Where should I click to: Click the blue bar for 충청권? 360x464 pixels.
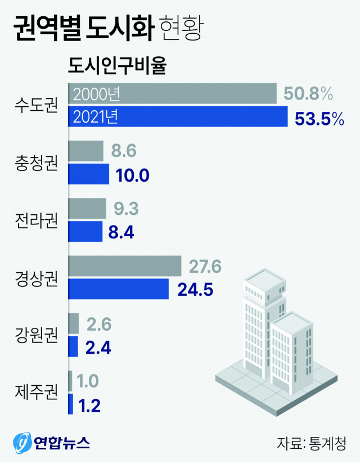(x=88, y=174)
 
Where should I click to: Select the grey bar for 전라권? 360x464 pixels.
(x=87, y=209)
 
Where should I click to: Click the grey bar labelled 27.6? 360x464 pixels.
(x=124, y=266)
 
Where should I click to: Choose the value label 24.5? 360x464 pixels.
(x=196, y=290)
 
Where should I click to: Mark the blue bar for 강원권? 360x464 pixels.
(x=73, y=346)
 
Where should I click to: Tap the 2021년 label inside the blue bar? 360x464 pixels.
(x=96, y=117)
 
